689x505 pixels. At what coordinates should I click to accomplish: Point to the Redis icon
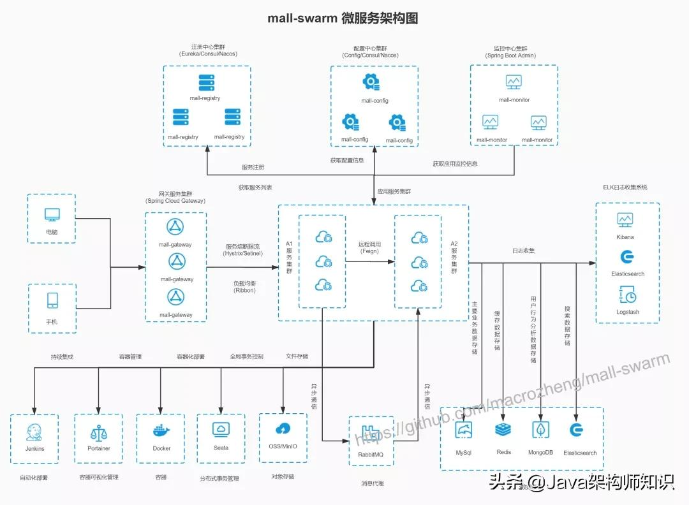pyautogui.click(x=503, y=430)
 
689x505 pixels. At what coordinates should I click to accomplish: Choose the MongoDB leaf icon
pyautogui.click(x=540, y=430)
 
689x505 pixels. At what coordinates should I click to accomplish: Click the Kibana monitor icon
pyautogui.click(x=625, y=220)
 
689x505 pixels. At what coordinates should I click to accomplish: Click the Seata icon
pyautogui.click(x=221, y=429)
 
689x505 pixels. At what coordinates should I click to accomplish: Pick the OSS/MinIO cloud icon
pyautogui.click(x=283, y=428)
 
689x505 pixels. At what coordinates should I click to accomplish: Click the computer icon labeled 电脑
pyautogui.click(x=52, y=215)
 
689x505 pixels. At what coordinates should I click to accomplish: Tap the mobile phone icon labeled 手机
pyautogui.click(x=52, y=300)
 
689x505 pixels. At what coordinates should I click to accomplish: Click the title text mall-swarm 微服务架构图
pyautogui.click(x=343, y=18)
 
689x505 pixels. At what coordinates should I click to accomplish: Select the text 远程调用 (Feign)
pyautogui.click(x=370, y=247)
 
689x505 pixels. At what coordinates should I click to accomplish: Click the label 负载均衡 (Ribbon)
pyautogui.click(x=244, y=286)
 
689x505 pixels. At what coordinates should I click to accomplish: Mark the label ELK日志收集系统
pyautogui.click(x=625, y=187)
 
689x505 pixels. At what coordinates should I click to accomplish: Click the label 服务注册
pyautogui.click(x=253, y=167)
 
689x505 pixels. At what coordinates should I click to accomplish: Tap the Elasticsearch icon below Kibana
pyautogui.click(x=627, y=257)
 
